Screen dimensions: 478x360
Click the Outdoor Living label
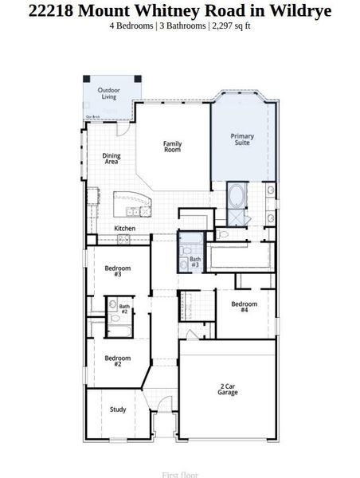coord(109,94)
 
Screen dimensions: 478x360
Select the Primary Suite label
coord(243,139)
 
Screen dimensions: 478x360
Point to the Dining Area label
coord(112,159)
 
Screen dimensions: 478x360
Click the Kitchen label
coord(124,229)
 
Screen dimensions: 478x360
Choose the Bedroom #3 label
coord(118,271)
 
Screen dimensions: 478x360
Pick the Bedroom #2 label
coord(118,361)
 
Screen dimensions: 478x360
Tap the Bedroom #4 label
coord(245,307)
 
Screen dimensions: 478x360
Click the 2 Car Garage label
coord(228,390)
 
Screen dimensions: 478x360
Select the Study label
coord(118,409)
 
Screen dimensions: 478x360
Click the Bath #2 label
coord(124,308)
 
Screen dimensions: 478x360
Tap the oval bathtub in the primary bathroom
coord(237,195)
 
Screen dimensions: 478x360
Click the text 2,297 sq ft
coord(231,25)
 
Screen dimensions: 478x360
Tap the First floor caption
coord(179,475)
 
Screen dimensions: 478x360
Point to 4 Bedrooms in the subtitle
coord(132,25)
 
